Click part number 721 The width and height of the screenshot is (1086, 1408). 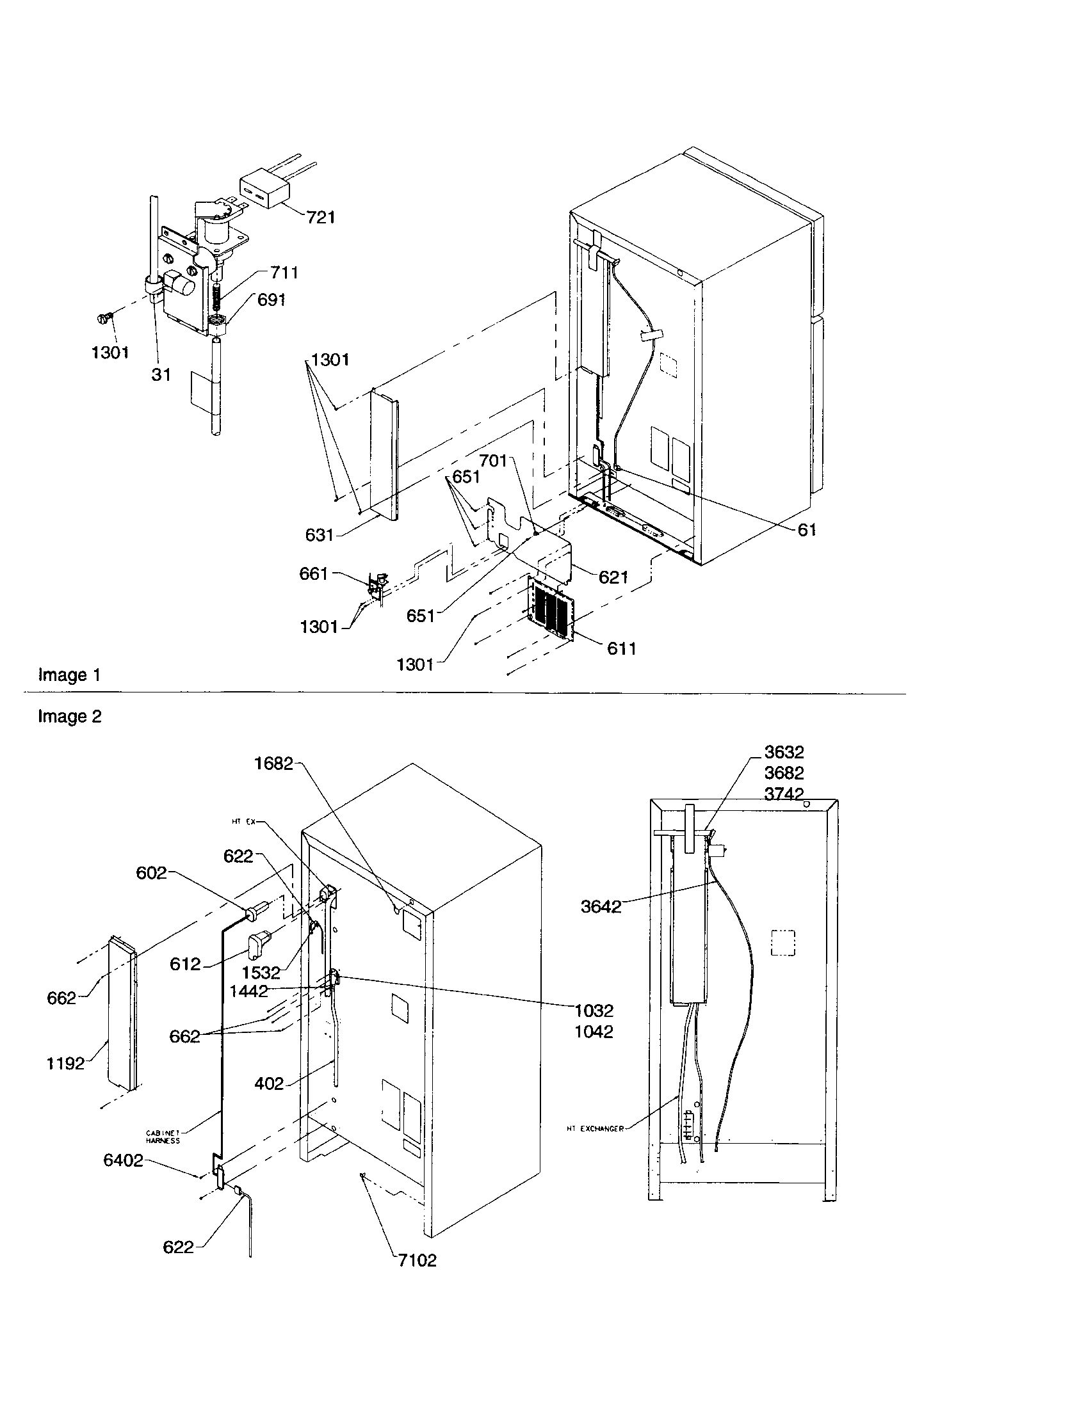click(x=320, y=217)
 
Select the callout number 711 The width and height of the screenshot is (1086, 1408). click(x=284, y=273)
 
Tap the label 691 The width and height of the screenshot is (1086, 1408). click(x=271, y=300)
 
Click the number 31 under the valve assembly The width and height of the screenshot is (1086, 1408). click(x=161, y=374)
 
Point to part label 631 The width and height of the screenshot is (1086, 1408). click(x=320, y=534)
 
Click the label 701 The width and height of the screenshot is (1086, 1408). click(x=493, y=461)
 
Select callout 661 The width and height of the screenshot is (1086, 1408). click(x=313, y=573)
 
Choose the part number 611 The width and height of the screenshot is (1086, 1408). click(x=621, y=648)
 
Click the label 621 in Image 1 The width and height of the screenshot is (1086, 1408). click(x=613, y=577)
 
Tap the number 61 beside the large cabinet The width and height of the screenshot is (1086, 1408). click(x=807, y=529)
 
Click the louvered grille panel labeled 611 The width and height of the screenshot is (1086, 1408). click(x=551, y=609)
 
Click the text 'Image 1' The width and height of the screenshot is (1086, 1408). click(x=69, y=675)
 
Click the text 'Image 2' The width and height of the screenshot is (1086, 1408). click(x=69, y=717)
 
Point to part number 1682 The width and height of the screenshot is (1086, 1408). click(x=273, y=764)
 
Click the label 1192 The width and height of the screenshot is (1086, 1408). click(x=65, y=1063)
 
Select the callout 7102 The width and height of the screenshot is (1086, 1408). click(x=417, y=1260)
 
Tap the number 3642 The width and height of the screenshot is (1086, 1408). click(x=601, y=906)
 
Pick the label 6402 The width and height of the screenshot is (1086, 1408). click(x=122, y=1160)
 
